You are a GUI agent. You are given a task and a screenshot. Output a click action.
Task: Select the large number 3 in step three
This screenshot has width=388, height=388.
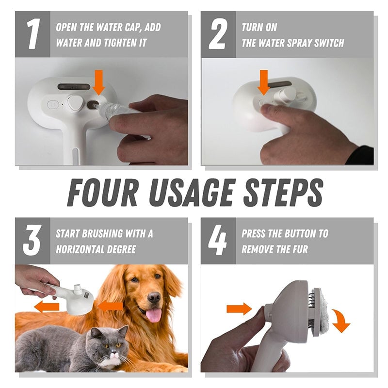tap(32, 241)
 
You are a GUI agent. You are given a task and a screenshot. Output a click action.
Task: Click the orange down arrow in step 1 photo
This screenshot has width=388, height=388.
tap(99, 81)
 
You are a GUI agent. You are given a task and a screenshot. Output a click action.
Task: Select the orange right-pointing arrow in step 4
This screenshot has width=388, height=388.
tap(239, 308)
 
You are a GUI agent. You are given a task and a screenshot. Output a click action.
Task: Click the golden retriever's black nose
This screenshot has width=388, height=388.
tap(154, 297)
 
